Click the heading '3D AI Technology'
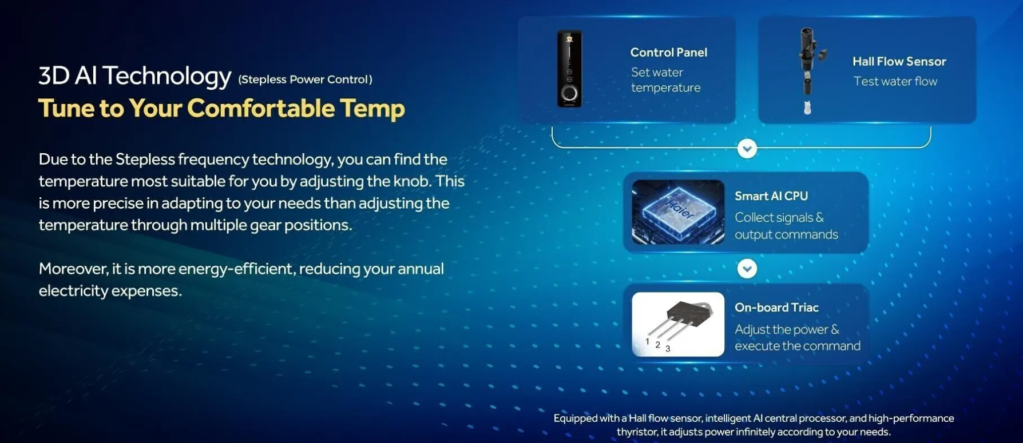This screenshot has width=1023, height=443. click(135, 77)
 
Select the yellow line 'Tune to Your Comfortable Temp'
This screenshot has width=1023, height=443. click(221, 108)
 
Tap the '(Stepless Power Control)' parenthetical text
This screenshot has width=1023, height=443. click(306, 79)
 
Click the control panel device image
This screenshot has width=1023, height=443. click(569, 69)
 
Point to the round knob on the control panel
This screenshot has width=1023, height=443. click(569, 94)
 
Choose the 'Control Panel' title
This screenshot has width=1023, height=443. click(669, 53)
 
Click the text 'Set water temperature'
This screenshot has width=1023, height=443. click(665, 80)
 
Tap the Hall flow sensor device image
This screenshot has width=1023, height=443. click(808, 71)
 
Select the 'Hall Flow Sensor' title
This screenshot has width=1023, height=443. click(899, 61)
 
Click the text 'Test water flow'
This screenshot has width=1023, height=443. click(895, 81)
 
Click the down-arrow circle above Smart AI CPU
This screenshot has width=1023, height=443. click(747, 149)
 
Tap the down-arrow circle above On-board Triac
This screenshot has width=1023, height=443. click(747, 269)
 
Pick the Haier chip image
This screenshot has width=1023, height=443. click(678, 212)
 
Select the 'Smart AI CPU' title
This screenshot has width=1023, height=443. click(771, 196)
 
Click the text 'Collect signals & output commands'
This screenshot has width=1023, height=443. click(786, 226)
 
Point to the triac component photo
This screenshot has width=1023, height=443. click(678, 324)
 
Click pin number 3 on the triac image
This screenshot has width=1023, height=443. click(668, 349)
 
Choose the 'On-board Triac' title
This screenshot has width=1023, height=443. click(776, 308)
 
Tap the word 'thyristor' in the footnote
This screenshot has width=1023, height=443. click(637, 432)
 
